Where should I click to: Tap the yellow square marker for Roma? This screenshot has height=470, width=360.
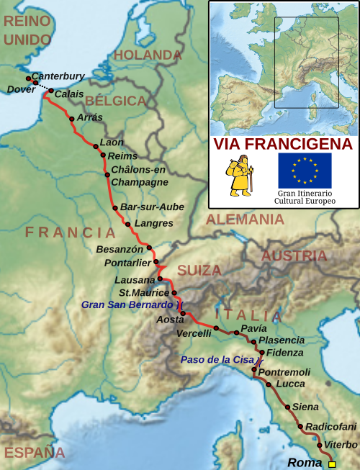click(332, 464)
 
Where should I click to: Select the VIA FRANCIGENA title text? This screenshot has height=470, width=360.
click(284, 144)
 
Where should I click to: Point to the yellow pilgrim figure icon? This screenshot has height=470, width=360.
click(240, 176)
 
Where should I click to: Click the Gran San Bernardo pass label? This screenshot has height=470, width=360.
click(127, 305)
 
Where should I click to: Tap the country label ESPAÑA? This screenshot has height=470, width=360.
click(35, 453)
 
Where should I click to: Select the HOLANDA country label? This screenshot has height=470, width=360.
click(148, 55)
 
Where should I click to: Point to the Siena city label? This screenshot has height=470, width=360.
click(305, 407)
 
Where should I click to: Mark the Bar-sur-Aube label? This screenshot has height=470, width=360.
click(152, 207)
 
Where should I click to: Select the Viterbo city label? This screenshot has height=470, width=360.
click(341, 445)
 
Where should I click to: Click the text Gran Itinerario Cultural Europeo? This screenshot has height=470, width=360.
click(305, 197)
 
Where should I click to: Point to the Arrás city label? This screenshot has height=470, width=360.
click(89, 117)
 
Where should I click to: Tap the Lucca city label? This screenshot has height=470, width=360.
click(290, 384)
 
